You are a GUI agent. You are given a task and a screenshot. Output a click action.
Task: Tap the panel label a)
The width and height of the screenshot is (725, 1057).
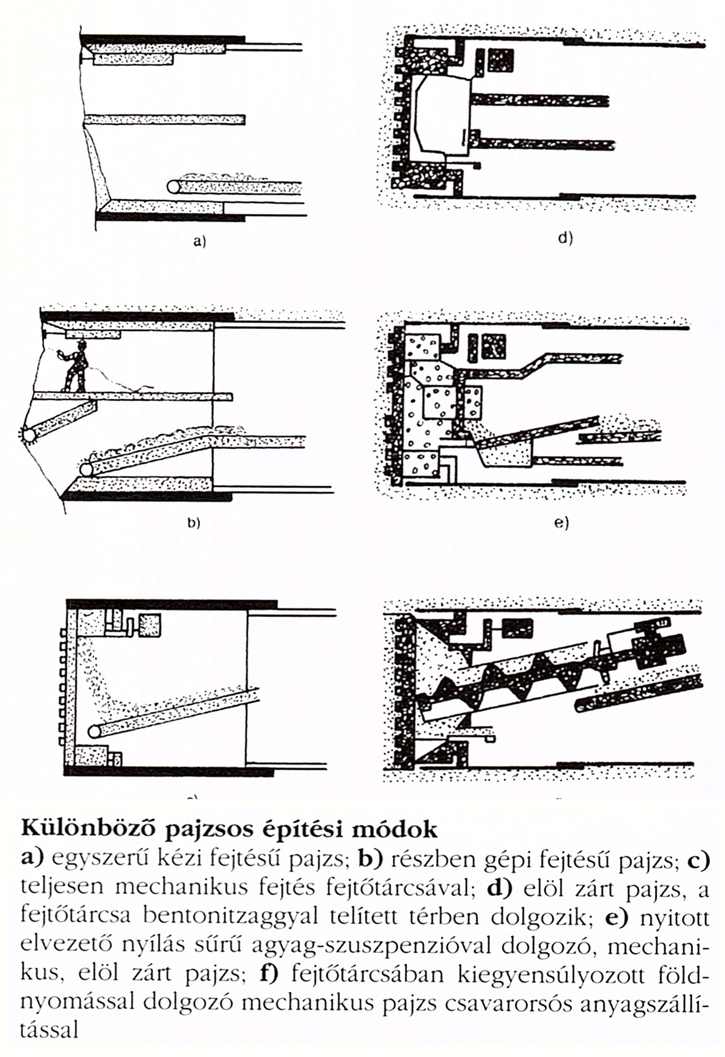pos(199,243)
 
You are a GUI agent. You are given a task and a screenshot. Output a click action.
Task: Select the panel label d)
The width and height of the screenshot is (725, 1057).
pos(565,238)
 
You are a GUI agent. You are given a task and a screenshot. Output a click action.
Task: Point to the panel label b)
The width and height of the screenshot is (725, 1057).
pos(193,523)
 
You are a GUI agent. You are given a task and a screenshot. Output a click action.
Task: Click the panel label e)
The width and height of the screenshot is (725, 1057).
pos(562,523)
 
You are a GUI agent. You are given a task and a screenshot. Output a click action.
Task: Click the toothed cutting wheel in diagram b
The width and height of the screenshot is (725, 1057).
pos(28,435)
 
